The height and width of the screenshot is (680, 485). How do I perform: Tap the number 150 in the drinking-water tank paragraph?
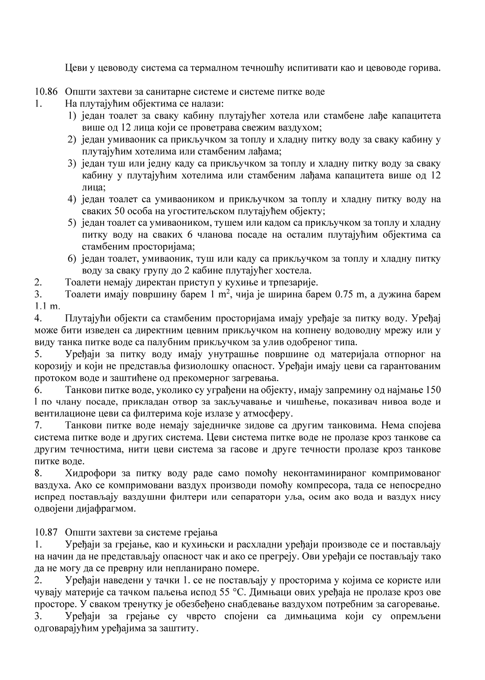click(433, 390)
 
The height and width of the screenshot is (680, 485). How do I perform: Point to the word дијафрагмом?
click(109, 508)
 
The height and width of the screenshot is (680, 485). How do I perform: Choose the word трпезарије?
click(293, 282)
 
